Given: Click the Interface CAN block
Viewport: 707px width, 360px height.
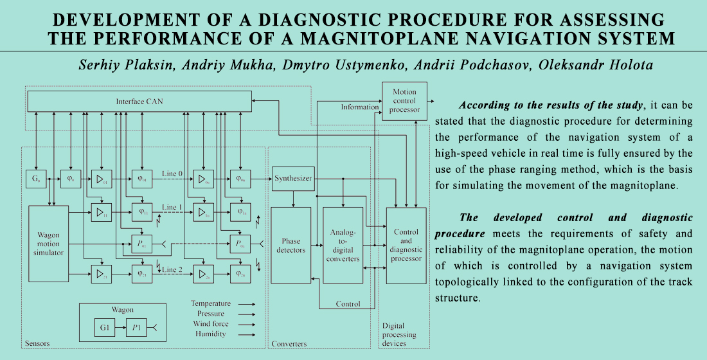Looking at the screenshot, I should [139, 101].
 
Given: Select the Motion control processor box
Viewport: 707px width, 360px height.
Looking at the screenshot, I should [404, 101].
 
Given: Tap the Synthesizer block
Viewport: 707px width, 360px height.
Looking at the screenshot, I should [293, 178].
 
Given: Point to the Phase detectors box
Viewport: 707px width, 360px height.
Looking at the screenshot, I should [291, 245].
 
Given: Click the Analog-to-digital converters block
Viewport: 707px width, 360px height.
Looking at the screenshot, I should [343, 245].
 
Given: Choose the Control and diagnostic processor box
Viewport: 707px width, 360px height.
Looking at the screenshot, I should [406, 245].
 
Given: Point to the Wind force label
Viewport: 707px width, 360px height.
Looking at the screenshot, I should [210, 324].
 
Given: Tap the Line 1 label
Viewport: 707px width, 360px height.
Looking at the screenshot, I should [172, 207].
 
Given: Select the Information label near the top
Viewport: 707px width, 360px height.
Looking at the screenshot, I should [359, 107].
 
